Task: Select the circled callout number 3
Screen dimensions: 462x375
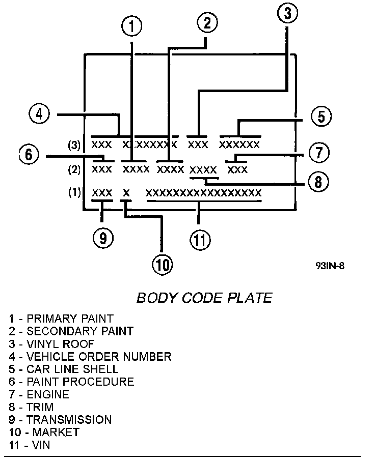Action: click(288, 14)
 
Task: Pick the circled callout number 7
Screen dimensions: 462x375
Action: click(318, 152)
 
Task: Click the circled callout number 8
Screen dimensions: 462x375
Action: click(317, 182)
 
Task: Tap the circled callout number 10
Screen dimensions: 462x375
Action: click(162, 264)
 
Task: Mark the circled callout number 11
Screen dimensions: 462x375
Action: click(199, 239)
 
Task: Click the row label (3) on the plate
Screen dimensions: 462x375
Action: click(74, 145)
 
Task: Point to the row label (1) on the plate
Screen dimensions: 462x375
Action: click(74, 193)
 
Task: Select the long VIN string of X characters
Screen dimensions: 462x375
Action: click(203, 193)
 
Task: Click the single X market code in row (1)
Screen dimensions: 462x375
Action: click(126, 193)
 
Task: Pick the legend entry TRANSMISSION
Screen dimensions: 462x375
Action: click(60, 420)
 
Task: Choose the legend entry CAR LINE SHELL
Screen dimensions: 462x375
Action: click(63, 369)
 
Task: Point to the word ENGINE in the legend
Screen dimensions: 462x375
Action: click(48, 394)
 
